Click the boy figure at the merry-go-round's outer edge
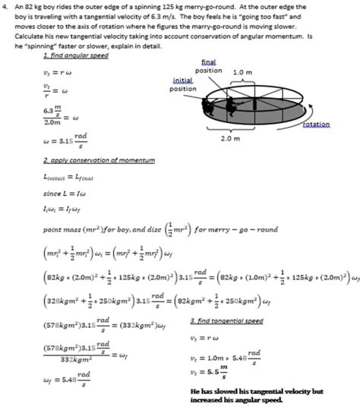coord(207,109)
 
